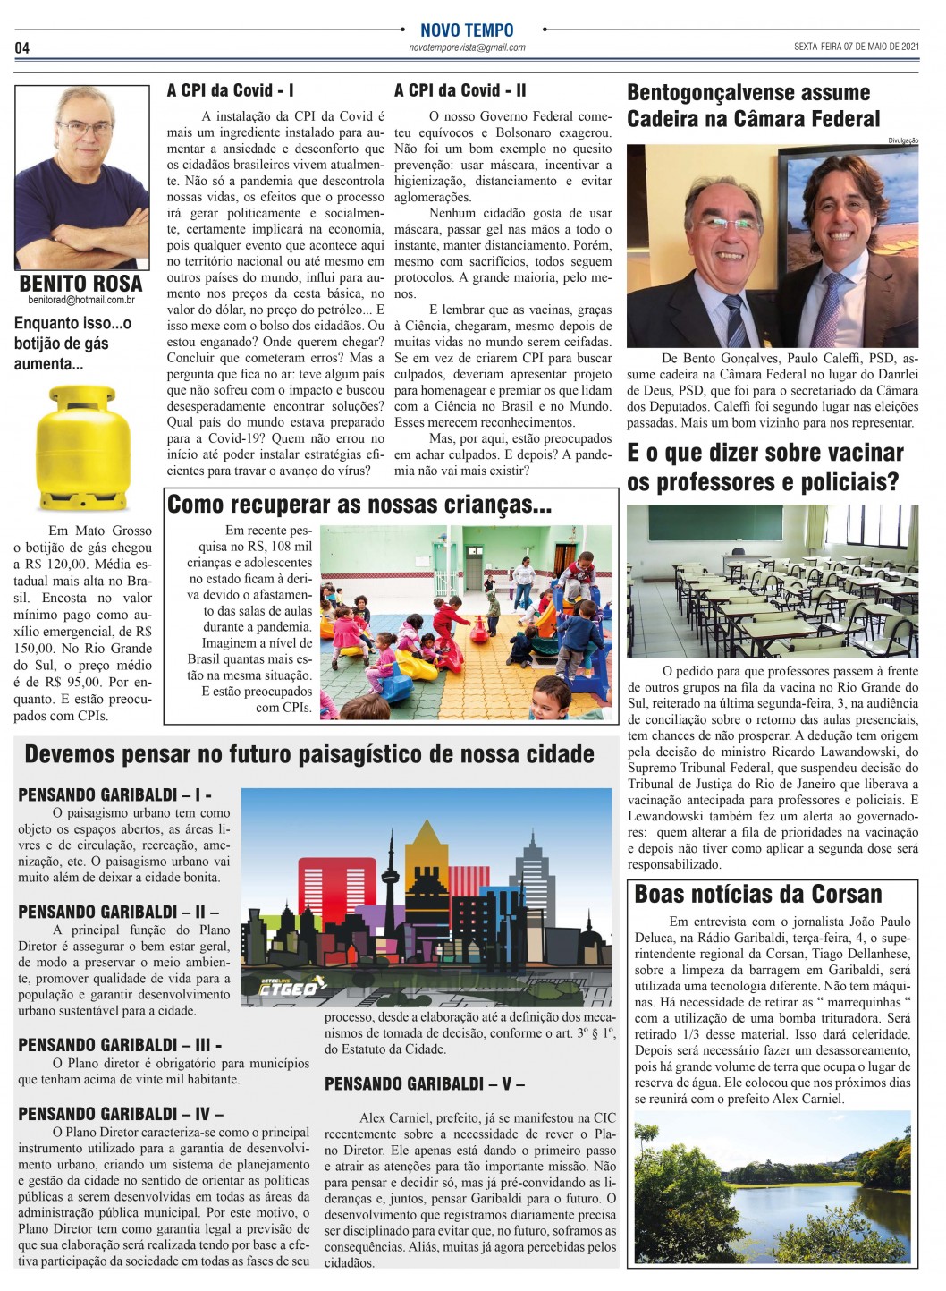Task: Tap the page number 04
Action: coord(22,47)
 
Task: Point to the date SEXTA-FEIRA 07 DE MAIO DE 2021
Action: coord(856,47)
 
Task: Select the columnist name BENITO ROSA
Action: coord(81,284)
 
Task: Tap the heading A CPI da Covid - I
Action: coord(230,90)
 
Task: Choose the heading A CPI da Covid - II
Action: coord(460,90)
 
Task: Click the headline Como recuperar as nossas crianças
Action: coord(359,505)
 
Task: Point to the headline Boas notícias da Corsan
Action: coord(757,893)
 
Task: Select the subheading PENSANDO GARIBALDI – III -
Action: coord(120,1044)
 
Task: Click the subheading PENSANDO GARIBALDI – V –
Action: coord(424,1083)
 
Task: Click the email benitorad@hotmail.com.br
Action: coord(81,301)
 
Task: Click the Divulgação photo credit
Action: coord(903,140)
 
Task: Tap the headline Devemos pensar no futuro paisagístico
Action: coord(309,753)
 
